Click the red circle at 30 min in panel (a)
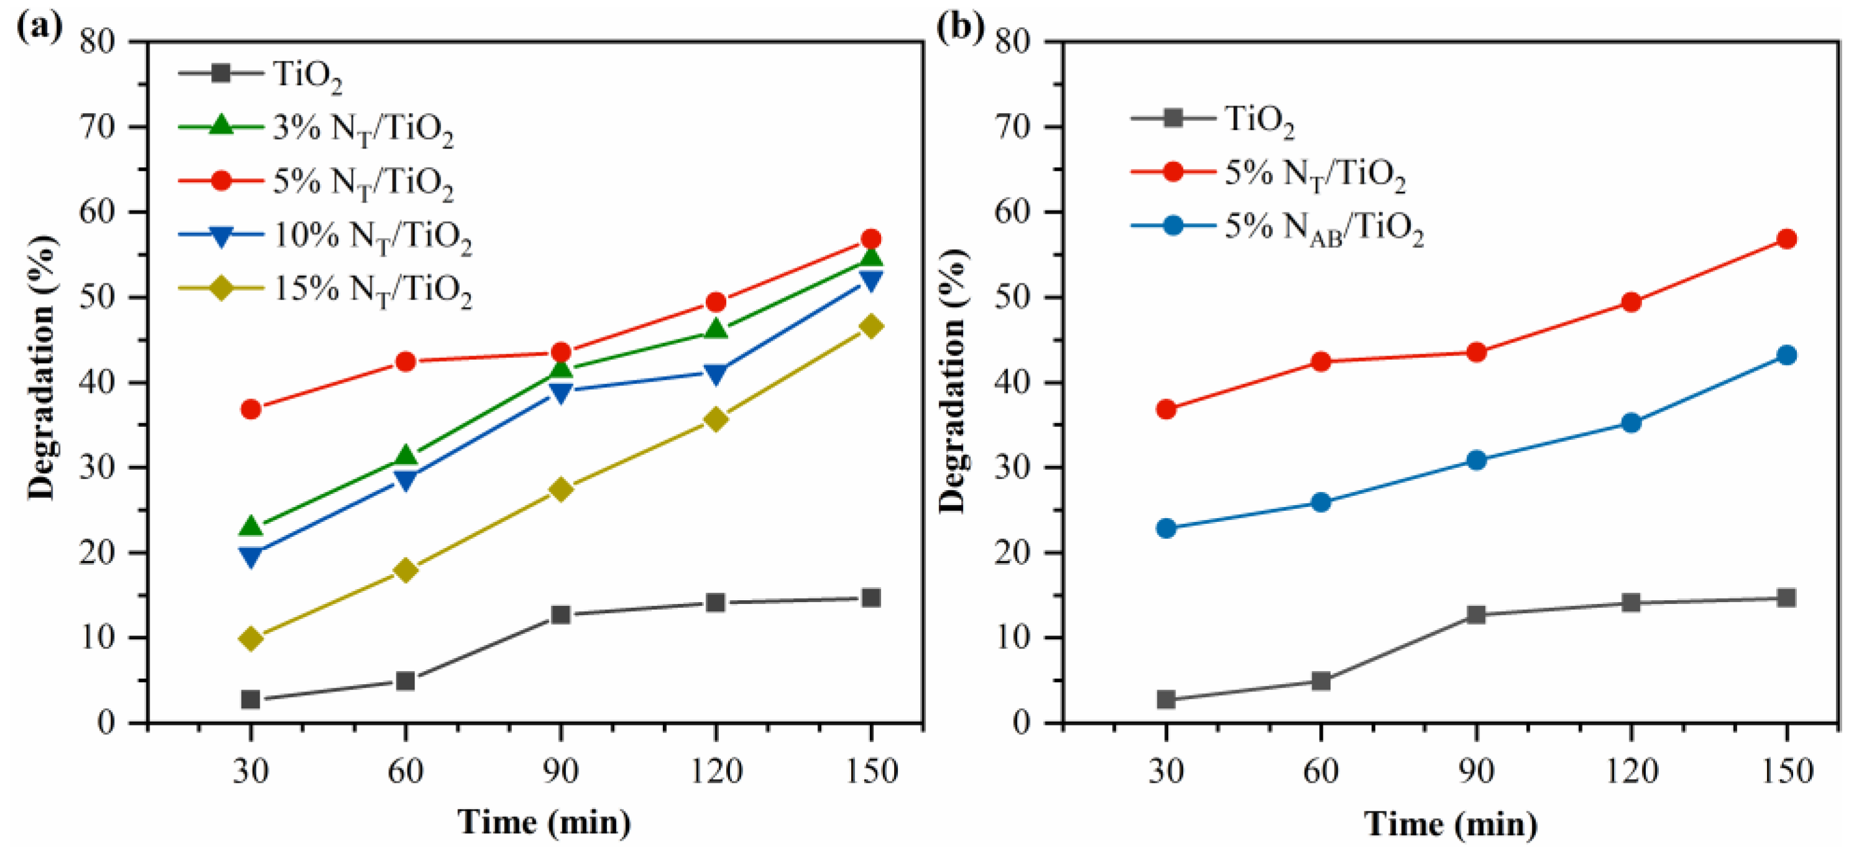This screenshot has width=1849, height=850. pos(250,409)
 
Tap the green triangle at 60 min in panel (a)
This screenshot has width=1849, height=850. pos(406,456)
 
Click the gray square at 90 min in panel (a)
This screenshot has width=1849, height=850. pos(560,615)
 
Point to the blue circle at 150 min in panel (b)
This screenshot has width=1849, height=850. pos(1786,355)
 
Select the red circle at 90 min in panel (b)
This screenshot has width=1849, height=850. pos(1476,352)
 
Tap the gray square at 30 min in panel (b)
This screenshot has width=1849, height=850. pos(1166,699)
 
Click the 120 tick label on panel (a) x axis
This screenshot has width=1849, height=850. pos(716,772)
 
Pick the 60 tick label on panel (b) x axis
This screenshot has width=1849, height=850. pos(1321,772)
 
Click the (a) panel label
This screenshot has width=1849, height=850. pos(40,27)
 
